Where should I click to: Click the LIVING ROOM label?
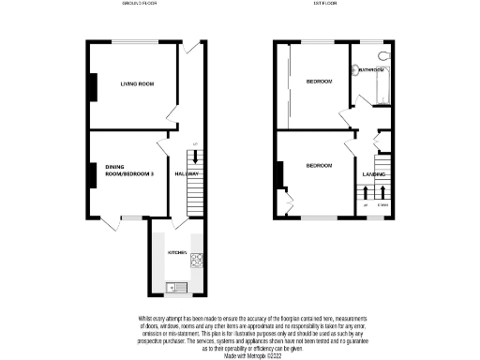tap(136, 84)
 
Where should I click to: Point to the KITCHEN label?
tap(176, 253)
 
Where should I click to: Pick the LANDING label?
tap(373, 174)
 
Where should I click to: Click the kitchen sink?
tap(176, 287)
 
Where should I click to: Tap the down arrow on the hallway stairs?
tap(194, 161)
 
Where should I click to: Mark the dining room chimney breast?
tap(93, 174)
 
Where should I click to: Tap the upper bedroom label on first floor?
tap(319, 82)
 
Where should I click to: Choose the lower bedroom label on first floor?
tap(319, 166)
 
